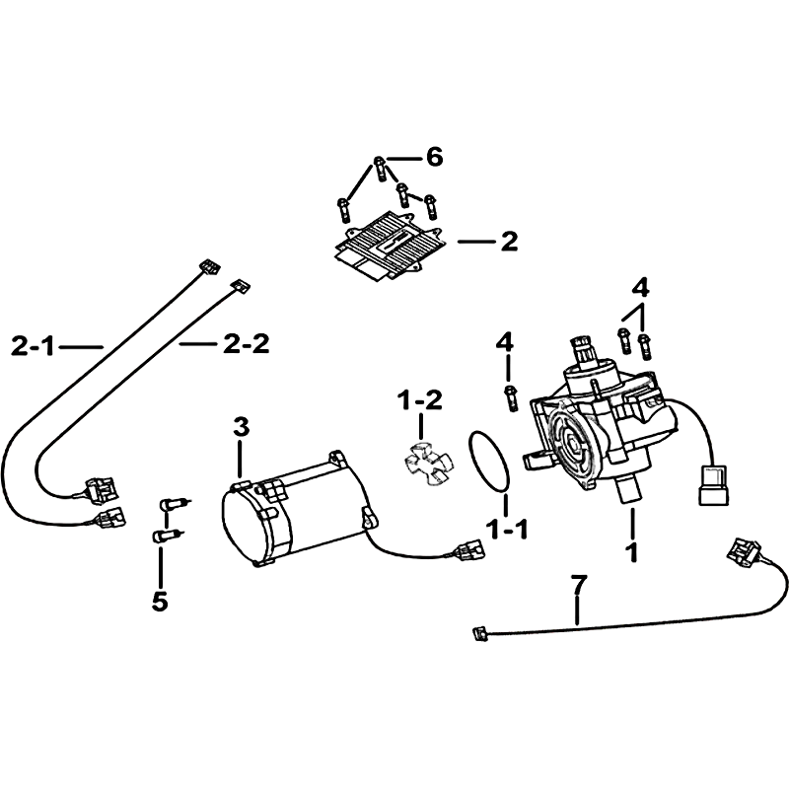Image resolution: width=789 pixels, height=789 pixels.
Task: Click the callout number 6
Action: (434, 157)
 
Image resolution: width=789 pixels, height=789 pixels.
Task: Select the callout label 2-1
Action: (33, 347)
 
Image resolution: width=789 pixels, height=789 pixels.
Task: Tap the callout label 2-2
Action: (247, 344)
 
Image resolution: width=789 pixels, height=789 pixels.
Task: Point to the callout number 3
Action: (241, 428)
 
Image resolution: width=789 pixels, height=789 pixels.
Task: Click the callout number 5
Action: (160, 601)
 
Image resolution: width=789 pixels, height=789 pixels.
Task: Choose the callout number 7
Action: (579, 585)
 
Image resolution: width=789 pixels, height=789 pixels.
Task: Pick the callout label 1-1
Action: (507, 530)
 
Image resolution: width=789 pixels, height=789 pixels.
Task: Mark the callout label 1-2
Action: (420, 400)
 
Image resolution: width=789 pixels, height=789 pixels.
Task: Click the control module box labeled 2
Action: (387, 246)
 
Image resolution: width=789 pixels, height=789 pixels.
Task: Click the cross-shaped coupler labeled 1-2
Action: (428, 463)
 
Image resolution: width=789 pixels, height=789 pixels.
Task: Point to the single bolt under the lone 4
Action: (509, 397)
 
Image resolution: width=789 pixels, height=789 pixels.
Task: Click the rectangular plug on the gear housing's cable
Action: (712, 485)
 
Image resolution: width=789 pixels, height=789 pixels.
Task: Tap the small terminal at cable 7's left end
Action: (479, 634)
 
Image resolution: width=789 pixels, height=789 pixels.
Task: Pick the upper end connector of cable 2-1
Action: (208, 266)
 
